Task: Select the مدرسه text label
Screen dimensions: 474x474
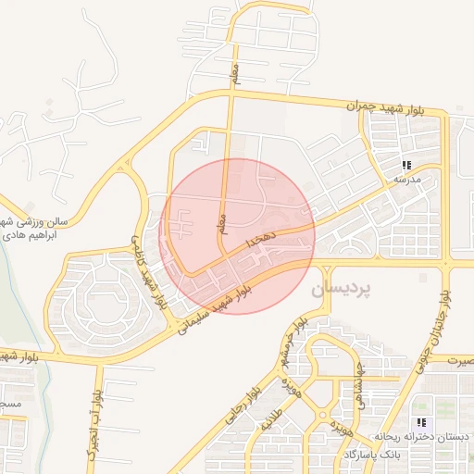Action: click(x=407, y=177)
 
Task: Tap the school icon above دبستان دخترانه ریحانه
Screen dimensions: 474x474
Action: click(x=426, y=422)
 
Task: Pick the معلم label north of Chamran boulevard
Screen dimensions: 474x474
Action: click(x=235, y=69)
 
